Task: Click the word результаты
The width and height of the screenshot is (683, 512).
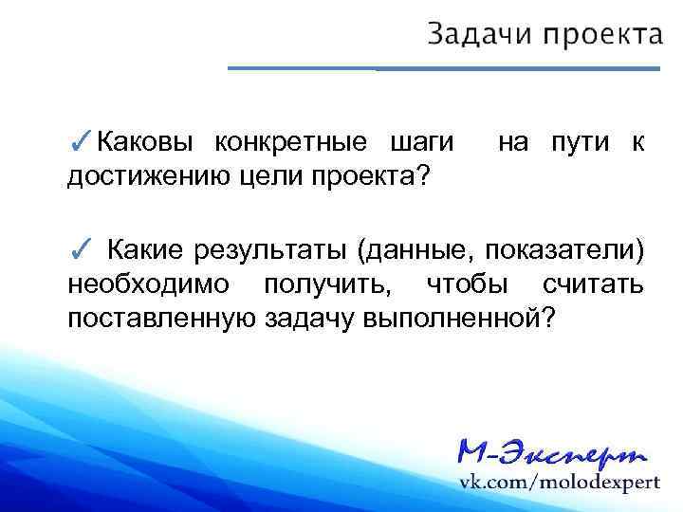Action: pos(270,250)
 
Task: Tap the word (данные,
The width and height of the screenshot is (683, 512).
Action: pos(415,250)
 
